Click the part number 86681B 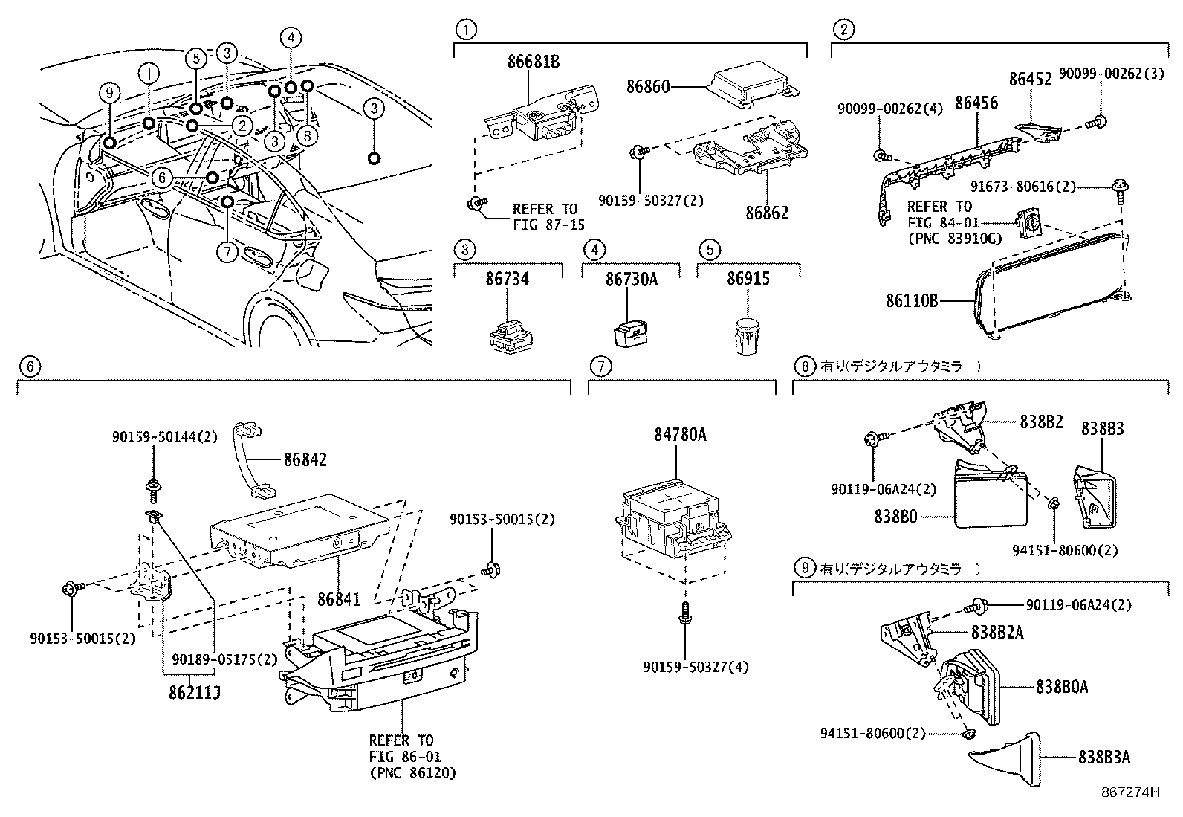coord(534,61)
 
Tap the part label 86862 coord(768,213)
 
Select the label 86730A coord(631,279)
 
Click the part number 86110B coord(912,301)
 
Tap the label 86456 coord(976,103)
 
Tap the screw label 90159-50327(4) coord(696,667)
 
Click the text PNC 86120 coord(413,773)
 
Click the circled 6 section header coord(27,366)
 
